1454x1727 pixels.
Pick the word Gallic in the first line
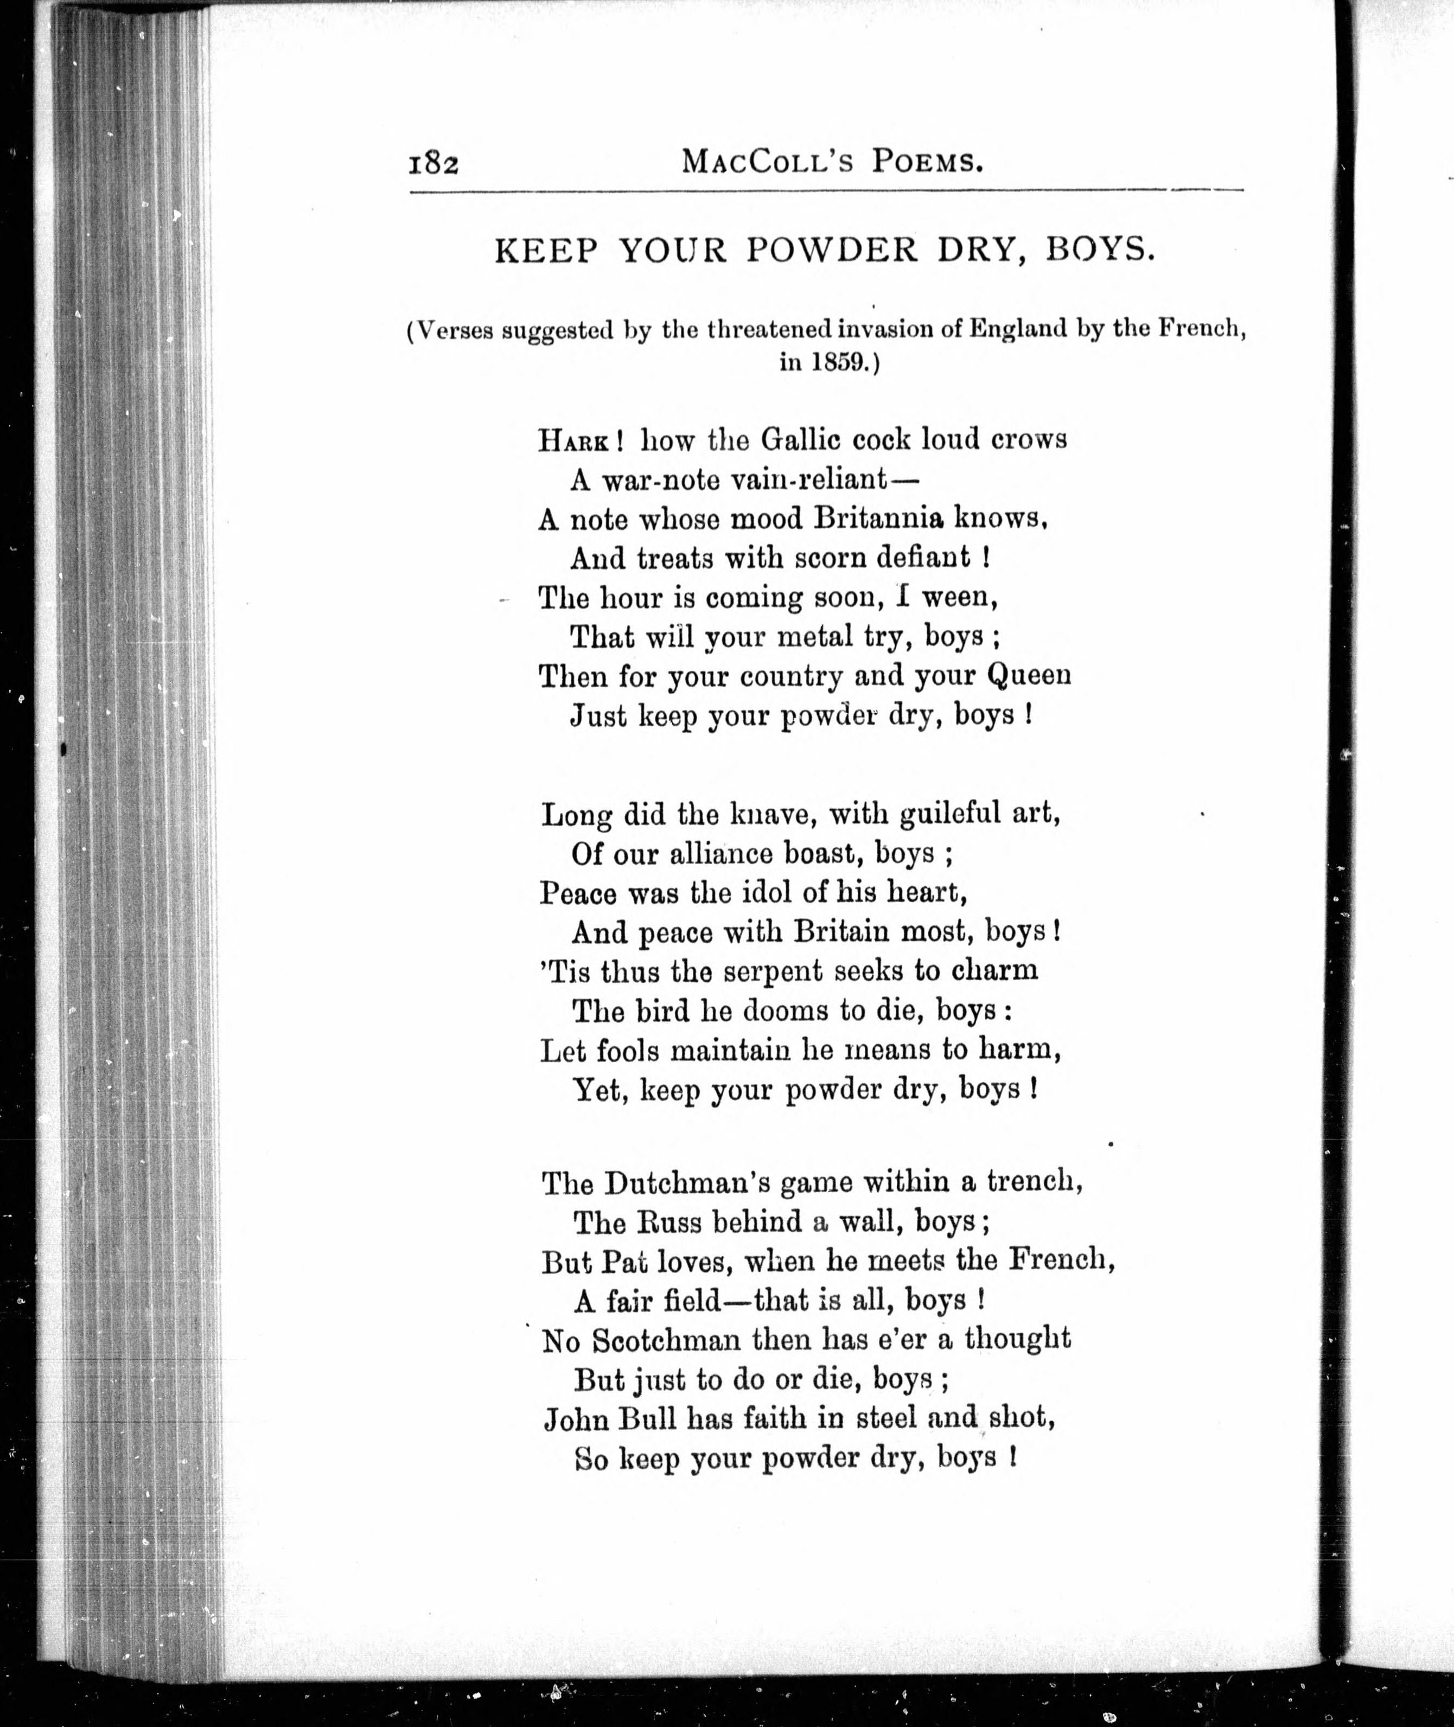pos(800,439)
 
